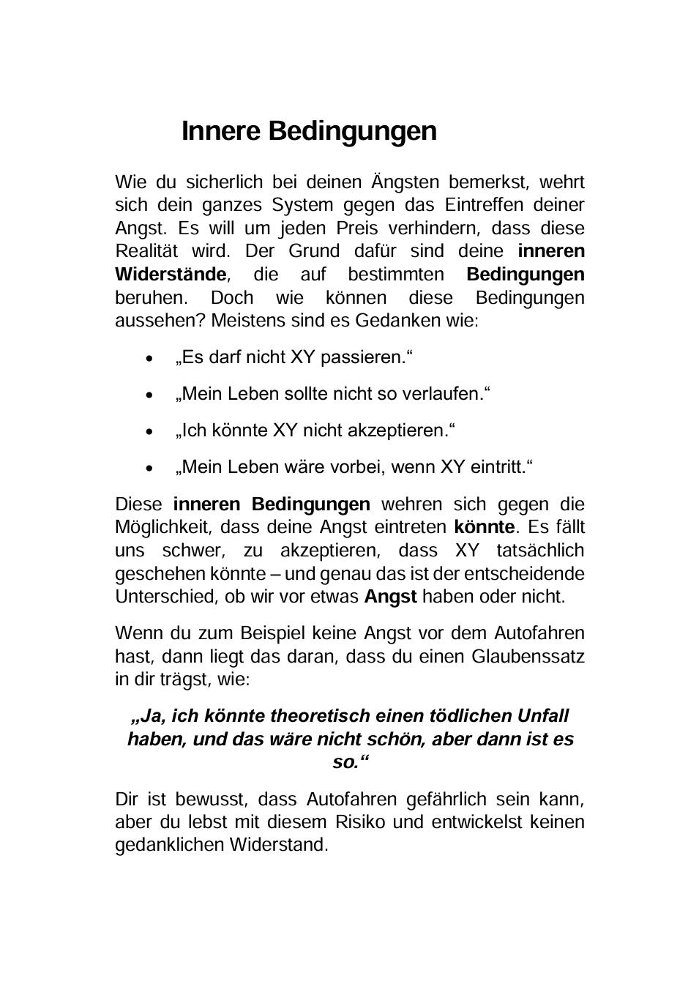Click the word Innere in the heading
(221, 131)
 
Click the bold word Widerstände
(171, 275)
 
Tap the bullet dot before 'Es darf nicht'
(150, 359)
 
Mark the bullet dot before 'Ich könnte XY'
(150, 432)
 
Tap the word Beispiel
(281, 633)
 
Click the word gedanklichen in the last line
(170, 845)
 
